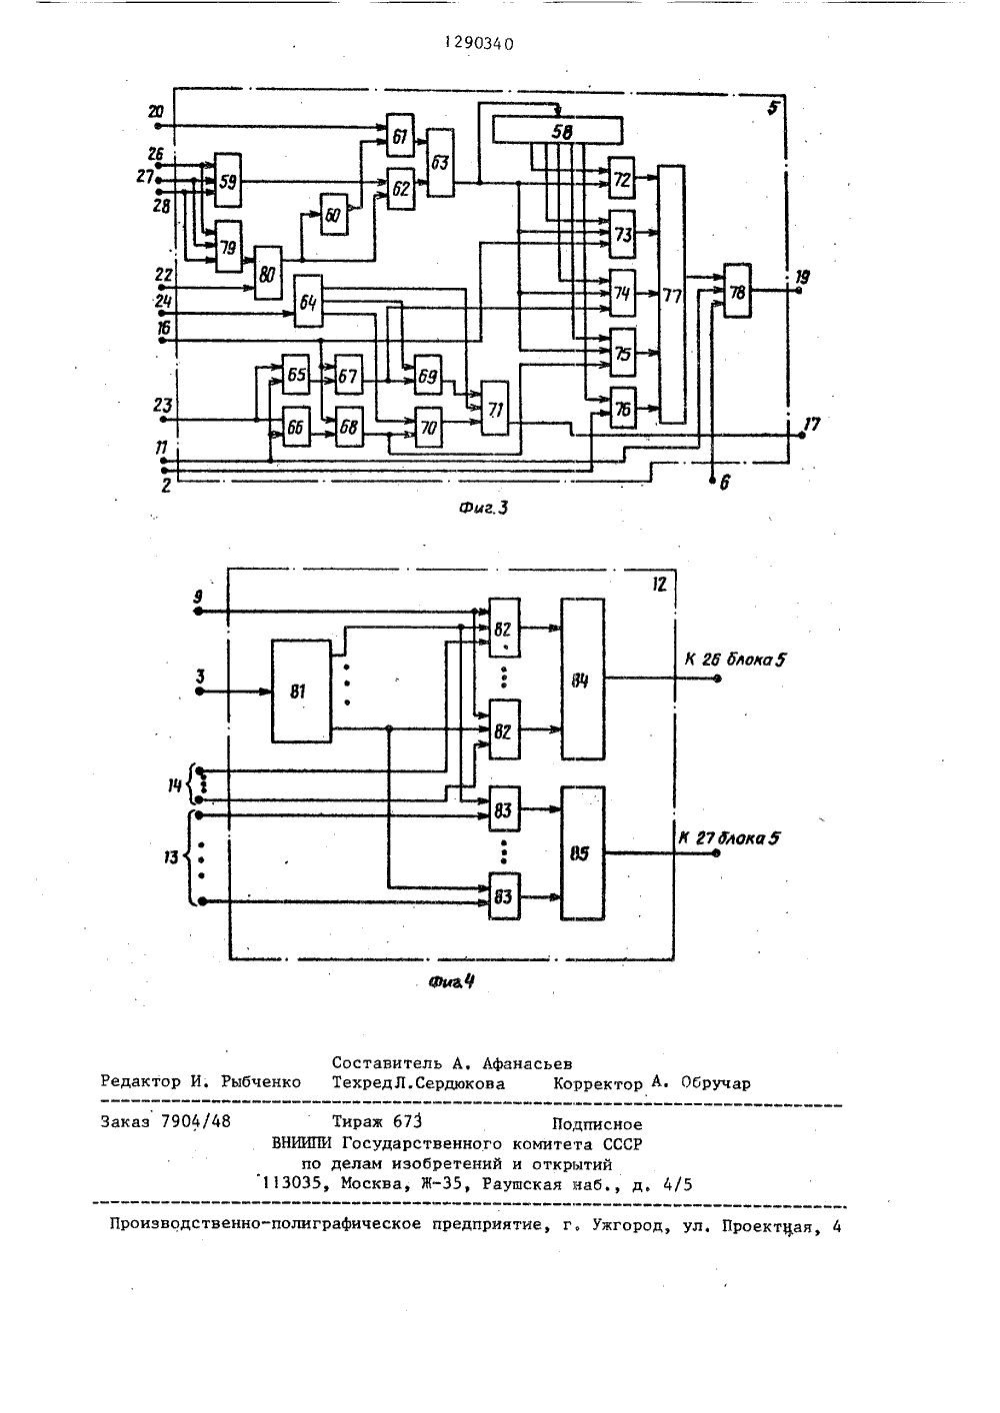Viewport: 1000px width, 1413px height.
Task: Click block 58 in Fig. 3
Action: point(557,131)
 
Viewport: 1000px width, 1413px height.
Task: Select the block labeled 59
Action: point(227,180)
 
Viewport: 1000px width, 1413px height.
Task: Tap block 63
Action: point(439,163)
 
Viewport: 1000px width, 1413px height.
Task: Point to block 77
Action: point(672,294)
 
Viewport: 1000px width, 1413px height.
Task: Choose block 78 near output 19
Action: point(737,290)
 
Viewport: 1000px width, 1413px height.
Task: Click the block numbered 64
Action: point(308,301)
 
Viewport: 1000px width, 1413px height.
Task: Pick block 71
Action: point(495,408)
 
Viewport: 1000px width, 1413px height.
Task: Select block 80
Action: point(268,273)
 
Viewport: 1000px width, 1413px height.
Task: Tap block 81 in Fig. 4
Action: point(301,691)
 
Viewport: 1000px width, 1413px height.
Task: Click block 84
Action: point(583,679)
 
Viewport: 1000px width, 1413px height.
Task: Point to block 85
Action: point(583,852)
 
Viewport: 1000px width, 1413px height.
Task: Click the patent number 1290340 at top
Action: point(480,44)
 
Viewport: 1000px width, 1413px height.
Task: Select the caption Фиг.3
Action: point(483,508)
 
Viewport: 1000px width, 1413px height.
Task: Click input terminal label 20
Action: point(155,112)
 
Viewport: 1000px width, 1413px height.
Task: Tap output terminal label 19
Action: point(802,276)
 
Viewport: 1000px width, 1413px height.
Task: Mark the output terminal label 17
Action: point(811,424)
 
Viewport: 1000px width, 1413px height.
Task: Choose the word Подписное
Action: point(597,1123)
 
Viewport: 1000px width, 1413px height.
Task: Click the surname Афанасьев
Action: point(527,1063)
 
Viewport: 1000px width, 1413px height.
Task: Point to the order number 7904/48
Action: point(196,1121)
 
